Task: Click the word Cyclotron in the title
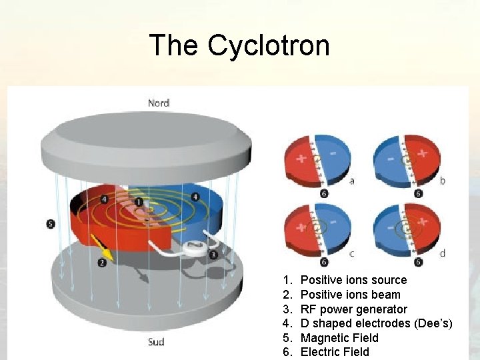268,46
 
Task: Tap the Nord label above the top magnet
159,103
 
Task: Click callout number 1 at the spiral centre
139,201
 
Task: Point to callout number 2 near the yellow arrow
102,263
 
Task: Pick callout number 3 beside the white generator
213,254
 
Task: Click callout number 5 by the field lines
51,224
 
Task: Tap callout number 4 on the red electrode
105,199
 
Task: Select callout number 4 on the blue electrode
195,197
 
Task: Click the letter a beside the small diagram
352,181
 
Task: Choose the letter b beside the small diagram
443,181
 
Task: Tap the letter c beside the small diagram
351,253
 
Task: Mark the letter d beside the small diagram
443,253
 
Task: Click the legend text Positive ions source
353,280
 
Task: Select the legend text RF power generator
353,309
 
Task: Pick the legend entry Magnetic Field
339,338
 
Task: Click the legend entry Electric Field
335,352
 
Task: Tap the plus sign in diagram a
301,159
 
